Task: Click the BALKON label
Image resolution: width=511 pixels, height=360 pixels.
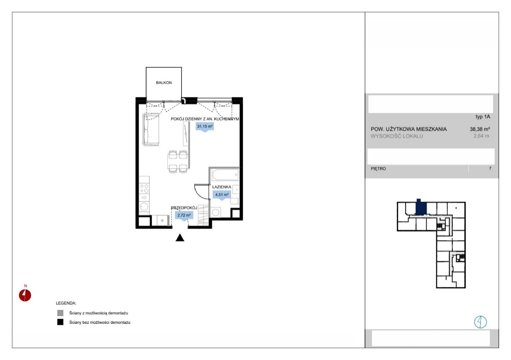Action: [x=164, y=83]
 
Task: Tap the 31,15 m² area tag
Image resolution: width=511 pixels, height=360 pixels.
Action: [x=205, y=126]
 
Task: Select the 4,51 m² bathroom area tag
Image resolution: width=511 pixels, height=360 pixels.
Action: [x=222, y=195]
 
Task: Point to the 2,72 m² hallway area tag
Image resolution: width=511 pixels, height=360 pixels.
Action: [x=184, y=215]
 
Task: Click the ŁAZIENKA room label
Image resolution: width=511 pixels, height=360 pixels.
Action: [x=222, y=187]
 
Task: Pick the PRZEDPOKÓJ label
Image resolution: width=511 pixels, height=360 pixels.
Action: [x=184, y=208]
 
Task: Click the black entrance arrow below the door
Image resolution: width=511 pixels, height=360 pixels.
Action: [x=180, y=237]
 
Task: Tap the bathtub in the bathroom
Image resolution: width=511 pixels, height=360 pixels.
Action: [x=225, y=175]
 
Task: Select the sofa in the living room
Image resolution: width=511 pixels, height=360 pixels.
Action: [x=150, y=129]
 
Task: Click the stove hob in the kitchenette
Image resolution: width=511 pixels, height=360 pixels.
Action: [x=144, y=188]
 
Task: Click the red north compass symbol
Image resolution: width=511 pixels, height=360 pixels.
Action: [x=25, y=295]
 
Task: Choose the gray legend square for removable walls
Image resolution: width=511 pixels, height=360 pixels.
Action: [x=60, y=313]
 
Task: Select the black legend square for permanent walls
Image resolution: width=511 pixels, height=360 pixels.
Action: [x=60, y=322]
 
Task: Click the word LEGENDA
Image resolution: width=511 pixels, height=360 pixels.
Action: [x=66, y=303]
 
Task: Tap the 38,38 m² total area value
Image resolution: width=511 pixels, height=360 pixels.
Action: [x=480, y=129]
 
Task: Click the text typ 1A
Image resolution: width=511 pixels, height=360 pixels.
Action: [x=483, y=117]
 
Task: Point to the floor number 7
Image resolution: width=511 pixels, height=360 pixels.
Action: [x=490, y=168]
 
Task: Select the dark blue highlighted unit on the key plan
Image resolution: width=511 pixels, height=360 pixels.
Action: [x=421, y=207]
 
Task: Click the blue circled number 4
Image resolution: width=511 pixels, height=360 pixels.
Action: [x=480, y=322]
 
